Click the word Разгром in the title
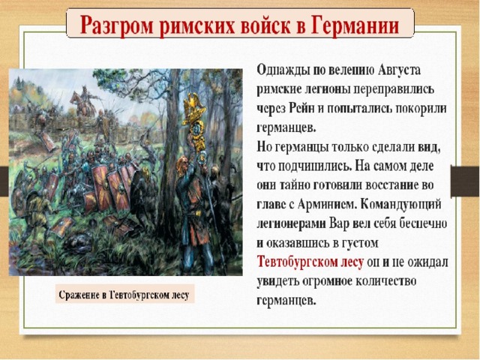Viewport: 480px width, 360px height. click(x=118, y=25)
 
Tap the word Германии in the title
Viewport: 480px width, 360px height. click(x=355, y=25)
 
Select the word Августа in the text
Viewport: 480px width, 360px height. click(x=399, y=70)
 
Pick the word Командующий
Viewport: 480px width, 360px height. click(x=401, y=205)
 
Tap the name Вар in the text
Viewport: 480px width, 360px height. click(x=339, y=223)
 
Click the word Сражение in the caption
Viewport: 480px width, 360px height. click(x=79, y=295)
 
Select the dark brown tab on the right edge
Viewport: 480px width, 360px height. click(x=465, y=181)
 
